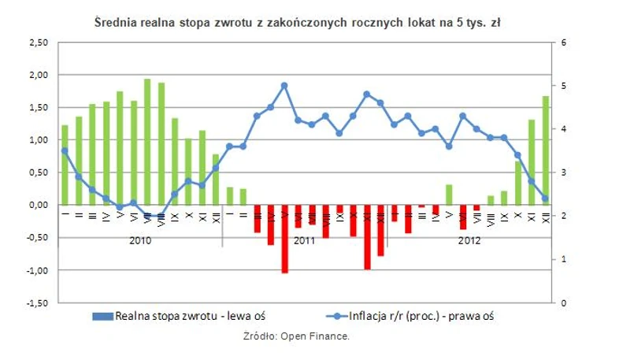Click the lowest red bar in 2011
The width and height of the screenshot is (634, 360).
click(x=284, y=239)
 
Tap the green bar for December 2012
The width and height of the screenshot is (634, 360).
click(x=545, y=150)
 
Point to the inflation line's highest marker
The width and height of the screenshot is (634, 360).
click(x=284, y=85)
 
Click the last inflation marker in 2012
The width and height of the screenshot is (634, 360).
click(x=545, y=199)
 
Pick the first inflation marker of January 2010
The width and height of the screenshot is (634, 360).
click(x=65, y=150)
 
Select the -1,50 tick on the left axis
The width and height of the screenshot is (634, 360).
click(x=37, y=303)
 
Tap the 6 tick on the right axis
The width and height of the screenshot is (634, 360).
click(x=564, y=42)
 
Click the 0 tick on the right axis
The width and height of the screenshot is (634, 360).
click(x=564, y=303)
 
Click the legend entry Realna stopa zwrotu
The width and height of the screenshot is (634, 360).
click(x=189, y=317)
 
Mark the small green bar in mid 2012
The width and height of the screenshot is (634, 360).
click(x=449, y=195)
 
